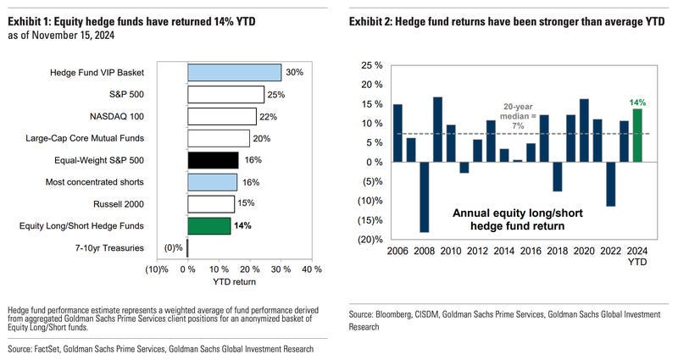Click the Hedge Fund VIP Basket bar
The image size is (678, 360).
(x=234, y=73)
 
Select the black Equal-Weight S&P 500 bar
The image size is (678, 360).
(x=213, y=160)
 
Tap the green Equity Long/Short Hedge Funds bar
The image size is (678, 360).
(x=208, y=225)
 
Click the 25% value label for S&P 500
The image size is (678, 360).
(x=276, y=95)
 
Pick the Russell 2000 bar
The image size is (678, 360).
(x=210, y=203)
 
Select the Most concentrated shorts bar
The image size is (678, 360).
(x=212, y=182)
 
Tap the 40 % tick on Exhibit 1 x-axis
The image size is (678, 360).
(x=311, y=269)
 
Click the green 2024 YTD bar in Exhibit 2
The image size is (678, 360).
(x=637, y=135)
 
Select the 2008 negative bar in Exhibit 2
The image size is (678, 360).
(x=425, y=197)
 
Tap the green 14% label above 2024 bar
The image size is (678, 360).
(x=637, y=102)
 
